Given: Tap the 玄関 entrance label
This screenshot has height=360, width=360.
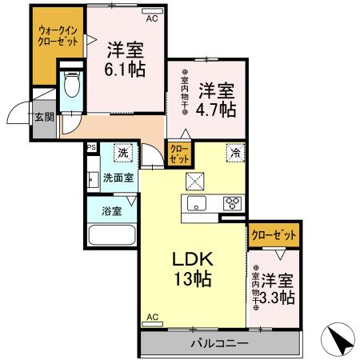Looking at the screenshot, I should [x=43, y=118].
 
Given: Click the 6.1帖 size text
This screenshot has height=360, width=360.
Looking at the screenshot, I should [x=126, y=69].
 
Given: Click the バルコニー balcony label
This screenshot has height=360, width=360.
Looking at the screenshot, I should [x=218, y=344].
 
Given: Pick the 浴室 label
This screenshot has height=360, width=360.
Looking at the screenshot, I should [x=112, y=212].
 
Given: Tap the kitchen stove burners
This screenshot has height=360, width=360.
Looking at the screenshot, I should [x=232, y=202].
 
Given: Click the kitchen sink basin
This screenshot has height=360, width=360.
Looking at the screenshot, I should [x=196, y=202].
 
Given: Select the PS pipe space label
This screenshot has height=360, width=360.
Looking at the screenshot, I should [x=91, y=147].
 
